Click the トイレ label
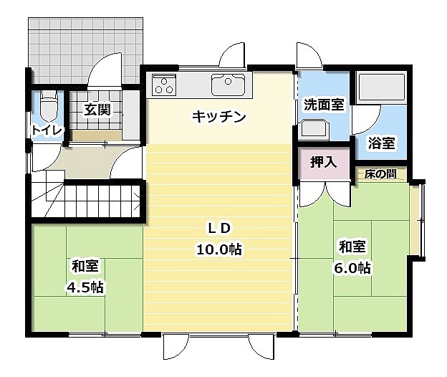47,130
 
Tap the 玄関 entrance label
97,110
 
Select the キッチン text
219,117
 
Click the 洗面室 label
324,105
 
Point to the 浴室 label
381,143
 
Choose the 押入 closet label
324,162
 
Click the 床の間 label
380,173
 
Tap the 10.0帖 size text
219,249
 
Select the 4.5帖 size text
85,287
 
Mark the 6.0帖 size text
352,268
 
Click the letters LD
219,229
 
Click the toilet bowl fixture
49,106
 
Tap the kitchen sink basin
228,85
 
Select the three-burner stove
164,85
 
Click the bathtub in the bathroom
381,87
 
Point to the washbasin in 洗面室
314,128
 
